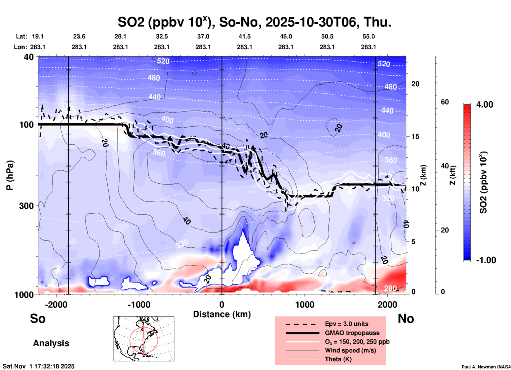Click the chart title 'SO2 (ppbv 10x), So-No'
[254, 22]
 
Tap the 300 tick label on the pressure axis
[26, 206]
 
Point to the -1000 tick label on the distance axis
[139, 304]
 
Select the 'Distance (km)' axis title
[222, 314]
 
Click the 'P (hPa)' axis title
[10, 175]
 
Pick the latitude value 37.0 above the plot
[203, 36]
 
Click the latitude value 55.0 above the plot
[368, 36]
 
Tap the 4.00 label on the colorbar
[484, 105]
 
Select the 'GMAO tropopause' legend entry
[352, 333]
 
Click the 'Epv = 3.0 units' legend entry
[347, 324]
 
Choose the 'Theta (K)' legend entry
[338, 359]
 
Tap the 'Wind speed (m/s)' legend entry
[350, 350]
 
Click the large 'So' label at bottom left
[38, 319]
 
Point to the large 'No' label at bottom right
[406, 319]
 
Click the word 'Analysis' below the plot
[51, 343]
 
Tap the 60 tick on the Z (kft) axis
[445, 102]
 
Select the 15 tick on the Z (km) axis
[415, 136]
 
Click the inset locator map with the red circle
[144, 339]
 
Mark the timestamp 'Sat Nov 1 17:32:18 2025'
[38, 367]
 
